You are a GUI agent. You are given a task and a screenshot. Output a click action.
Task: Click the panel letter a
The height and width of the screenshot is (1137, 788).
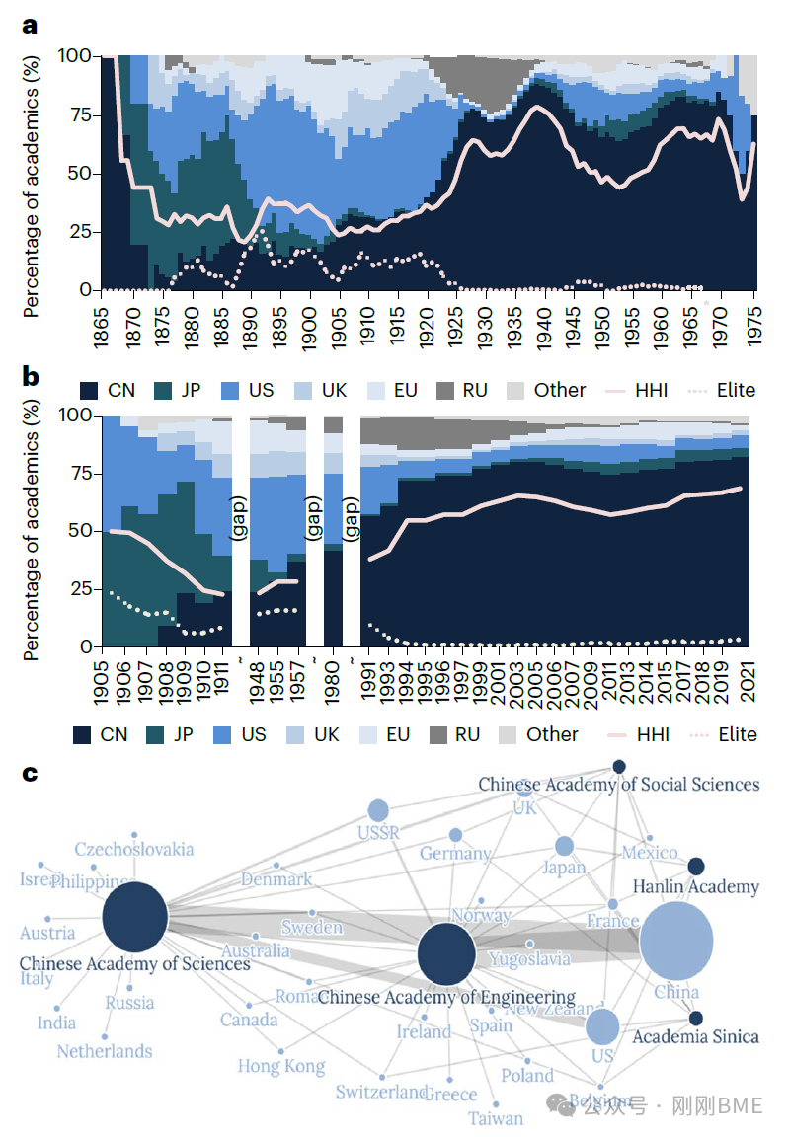coord(31,26)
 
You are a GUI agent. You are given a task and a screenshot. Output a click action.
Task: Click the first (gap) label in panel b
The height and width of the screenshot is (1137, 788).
coord(239,512)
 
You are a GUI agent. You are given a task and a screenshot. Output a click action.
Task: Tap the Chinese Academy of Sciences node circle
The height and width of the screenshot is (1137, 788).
coord(135,918)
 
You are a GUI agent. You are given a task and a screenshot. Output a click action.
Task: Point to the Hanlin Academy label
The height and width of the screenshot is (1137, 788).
coord(695,886)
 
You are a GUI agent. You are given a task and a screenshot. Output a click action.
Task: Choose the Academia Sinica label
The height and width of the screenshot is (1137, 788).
coord(695,1037)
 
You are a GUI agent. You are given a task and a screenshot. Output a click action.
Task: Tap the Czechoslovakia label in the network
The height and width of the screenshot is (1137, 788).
coord(134,849)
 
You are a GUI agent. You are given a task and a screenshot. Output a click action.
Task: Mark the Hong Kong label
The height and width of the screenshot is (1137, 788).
coord(281,1067)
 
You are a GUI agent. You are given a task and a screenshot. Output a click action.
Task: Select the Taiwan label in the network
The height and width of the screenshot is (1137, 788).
coord(496,1118)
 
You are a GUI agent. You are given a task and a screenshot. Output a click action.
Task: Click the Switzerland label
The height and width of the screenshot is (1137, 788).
coord(381,1092)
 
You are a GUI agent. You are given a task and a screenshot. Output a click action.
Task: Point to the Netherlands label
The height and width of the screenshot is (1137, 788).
coord(105,1051)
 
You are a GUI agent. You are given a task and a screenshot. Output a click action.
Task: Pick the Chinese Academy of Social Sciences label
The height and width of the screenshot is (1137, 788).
coord(619,785)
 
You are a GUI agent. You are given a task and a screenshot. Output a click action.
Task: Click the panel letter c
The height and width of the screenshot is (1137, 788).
coord(31,773)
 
